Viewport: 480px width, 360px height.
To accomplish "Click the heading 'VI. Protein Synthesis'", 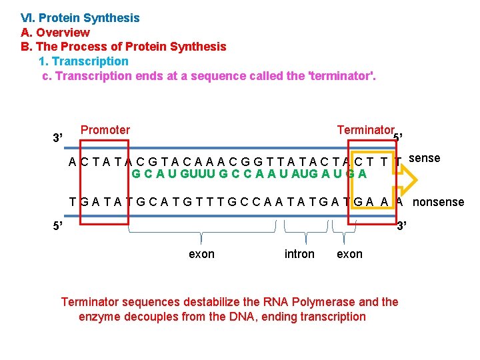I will tap(80, 18).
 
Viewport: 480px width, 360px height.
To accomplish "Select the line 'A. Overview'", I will tap(55, 33).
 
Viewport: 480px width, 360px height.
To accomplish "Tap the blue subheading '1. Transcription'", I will tap(84, 61).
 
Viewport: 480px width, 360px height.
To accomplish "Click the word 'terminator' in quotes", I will tap(340, 76).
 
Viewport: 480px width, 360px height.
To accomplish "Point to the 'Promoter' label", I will tap(105, 130).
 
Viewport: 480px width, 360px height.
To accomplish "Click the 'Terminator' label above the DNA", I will tap(365, 130).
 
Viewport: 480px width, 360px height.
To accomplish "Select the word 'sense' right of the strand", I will tap(424, 158).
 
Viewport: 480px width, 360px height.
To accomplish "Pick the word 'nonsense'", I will tap(439, 202).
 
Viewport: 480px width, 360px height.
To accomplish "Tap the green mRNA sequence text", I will tap(249, 174).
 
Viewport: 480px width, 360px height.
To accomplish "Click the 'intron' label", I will tap(299, 254).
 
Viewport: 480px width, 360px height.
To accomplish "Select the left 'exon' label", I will tap(201, 254).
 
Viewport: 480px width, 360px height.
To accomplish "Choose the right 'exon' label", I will tap(349, 254).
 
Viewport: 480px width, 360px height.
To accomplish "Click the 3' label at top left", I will tap(57, 138).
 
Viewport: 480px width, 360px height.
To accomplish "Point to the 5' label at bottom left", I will tap(58, 225).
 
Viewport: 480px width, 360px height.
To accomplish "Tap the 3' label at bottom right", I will tap(402, 225).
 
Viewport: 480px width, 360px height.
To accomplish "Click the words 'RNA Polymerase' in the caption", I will tap(288, 302).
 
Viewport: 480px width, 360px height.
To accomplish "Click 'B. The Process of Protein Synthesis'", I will tap(123, 47).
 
